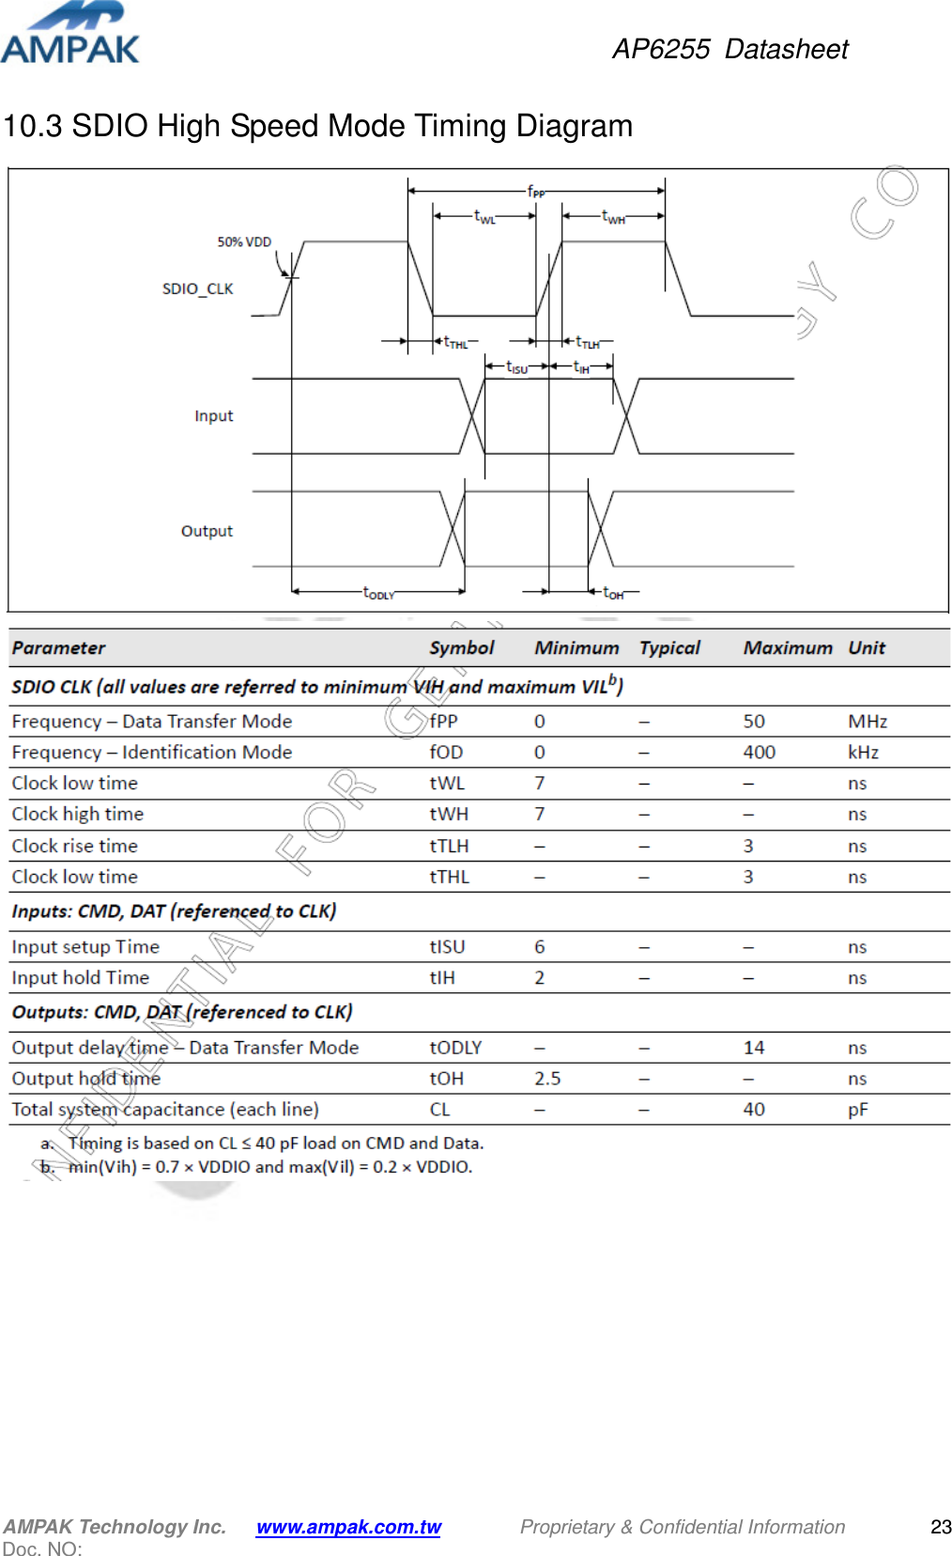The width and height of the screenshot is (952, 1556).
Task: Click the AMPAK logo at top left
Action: [70, 34]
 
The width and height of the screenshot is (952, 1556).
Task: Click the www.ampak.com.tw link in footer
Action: [348, 1527]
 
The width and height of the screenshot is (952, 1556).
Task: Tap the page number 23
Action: [940, 1527]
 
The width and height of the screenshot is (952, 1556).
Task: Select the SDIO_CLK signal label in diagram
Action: [197, 288]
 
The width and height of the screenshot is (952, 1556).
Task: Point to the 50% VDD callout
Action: [244, 241]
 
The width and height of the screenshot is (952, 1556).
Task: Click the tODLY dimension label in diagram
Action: [378, 593]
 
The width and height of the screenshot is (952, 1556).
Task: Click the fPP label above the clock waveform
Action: [535, 191]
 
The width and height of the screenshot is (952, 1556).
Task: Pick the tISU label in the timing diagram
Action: [516, 367]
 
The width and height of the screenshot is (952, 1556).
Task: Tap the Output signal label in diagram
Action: [207, 531]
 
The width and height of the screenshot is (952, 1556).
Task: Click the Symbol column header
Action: [461, 647]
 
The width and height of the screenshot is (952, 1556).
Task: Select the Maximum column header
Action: [787, 647]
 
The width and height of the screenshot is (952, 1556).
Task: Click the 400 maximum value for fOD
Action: [759, 752]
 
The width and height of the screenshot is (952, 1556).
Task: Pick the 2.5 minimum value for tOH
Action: [547, 1078]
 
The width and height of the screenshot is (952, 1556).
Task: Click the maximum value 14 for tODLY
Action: [753, 1047]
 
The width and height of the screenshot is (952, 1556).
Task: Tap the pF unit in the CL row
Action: [857, 1109]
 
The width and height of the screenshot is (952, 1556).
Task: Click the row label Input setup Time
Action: [85, 946]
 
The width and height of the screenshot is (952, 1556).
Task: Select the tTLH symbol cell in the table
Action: [449, 846]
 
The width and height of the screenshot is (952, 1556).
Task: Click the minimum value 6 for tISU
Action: [540, 946]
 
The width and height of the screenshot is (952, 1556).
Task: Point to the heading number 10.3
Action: [33, 126]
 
